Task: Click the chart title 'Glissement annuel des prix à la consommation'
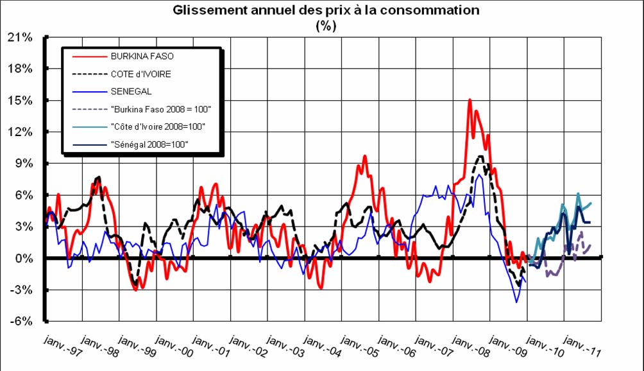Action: click(326, 10)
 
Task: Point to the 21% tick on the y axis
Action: click(21, 37)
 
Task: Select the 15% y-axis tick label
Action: click(21, 101)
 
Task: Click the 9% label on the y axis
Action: click(23, 164)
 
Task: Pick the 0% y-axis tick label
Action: click(23, 259)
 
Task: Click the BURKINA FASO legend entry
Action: click(142, 56)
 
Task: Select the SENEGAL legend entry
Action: click(131, 91)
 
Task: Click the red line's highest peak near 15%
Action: click(470, 99)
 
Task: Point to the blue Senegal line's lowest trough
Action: click(516, 302)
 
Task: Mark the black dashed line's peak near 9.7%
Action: click(480, 156)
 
